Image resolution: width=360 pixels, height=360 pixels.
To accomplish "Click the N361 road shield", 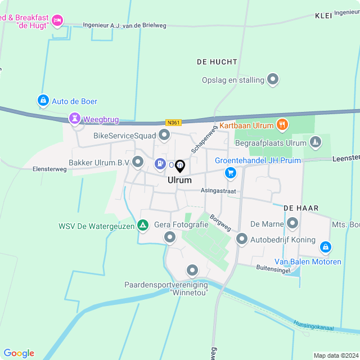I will [x=173, y=122].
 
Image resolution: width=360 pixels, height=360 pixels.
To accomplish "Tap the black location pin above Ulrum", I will [x=180, y=166].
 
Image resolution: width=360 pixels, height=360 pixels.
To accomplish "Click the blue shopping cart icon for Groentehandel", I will [x=231, y=173].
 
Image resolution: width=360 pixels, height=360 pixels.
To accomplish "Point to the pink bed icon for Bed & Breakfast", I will [x=57, y=21].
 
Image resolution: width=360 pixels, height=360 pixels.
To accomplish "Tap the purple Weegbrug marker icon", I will [x=74, y=119].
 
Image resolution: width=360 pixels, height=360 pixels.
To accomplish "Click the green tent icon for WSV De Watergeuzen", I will [x=143, y=226].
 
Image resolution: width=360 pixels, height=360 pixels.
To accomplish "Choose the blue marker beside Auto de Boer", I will [x=43, y=101].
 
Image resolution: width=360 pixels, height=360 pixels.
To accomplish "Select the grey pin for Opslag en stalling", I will [x=273, y=79].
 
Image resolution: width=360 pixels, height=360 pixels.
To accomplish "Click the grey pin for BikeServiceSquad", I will [x=164, y=135].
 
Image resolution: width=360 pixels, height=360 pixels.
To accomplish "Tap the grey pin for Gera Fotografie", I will [x=170, y=237].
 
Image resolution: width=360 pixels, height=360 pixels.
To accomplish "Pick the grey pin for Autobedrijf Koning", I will [x=242, y=239].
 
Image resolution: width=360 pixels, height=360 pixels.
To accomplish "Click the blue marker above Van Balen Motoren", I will [x=325, y=247].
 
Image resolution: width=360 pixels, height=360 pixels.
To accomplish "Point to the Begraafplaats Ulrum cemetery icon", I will [x=316, y=143].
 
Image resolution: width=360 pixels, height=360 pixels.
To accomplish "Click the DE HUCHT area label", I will [x=217, y=62].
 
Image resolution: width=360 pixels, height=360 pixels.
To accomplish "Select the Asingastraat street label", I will [x=218, y=191].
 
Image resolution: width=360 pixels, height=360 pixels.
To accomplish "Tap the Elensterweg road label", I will [x=49, y=168].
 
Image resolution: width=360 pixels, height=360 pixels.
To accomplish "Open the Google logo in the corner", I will [x=19, y=353].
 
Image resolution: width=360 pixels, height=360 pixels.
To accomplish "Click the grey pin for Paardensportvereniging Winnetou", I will [x=193, y=271].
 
